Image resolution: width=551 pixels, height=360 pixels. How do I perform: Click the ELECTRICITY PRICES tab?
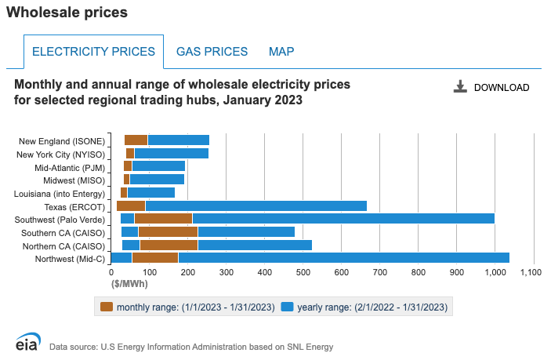click(x=93, y=52)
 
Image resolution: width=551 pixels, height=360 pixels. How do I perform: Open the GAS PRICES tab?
click(x=212, y=52)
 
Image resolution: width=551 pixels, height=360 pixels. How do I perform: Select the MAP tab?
click(x=281, y=52)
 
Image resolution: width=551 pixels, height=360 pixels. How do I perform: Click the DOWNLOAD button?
click(x=492, y=87)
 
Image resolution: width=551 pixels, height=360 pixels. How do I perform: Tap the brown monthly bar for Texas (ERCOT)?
click(x=131, y=205)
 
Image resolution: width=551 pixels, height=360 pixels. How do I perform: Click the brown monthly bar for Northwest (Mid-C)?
click(x=155, y=257)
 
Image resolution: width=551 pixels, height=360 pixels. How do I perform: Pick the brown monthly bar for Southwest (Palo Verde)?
click(x=163, y=218)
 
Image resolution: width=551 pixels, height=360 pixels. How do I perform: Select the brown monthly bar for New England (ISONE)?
click(x=136, y=140)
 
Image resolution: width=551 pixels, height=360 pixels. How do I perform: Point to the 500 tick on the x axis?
click(x=303, y=273)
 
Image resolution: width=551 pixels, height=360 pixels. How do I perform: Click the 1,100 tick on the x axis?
click(x=531, y=273)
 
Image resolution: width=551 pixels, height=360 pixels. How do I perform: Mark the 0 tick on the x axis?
click(x=111, y=273)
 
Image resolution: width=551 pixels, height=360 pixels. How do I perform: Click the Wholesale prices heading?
click(x=67, y=13)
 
